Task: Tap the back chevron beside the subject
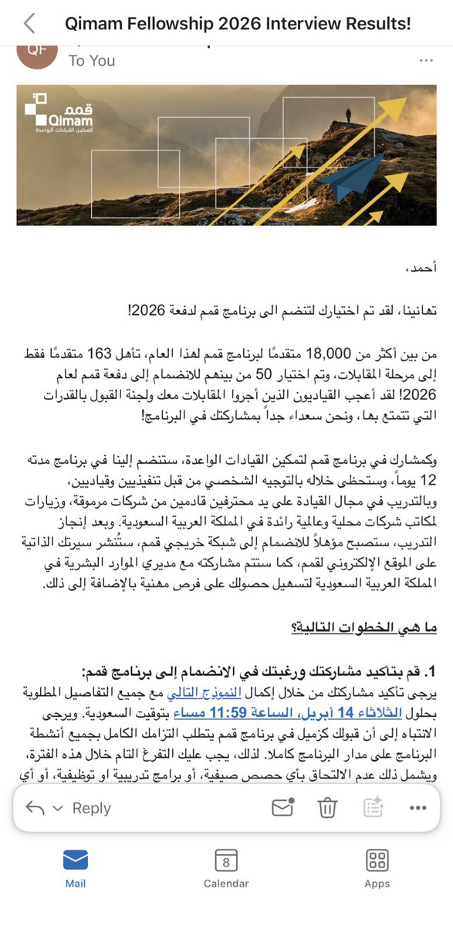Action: click(x=29, y=23)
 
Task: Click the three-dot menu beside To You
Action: click(x=425, y=60)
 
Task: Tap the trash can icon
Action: click(x=327, y=808)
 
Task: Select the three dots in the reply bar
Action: click(x=418, y=808)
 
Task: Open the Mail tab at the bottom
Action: click(x=75, y=867)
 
